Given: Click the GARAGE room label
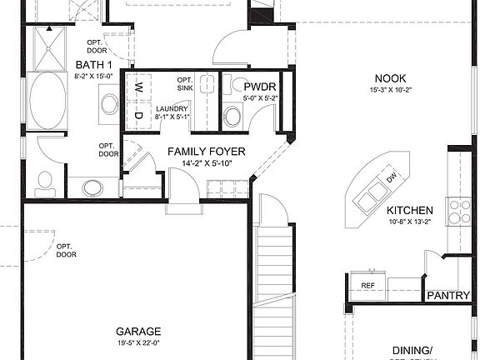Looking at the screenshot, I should [x=132, y=331].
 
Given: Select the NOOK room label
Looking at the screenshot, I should [x=389, y=77].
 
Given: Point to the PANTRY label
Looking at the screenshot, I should [x=447, y=296].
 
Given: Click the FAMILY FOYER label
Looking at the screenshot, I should [x=200, y=151].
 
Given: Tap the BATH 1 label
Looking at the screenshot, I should [x=91, y=65].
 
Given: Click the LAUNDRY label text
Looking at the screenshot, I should [x=171, y=108].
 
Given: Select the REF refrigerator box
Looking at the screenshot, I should [x=367, y=286].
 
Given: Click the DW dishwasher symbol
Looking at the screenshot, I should [x=390, y=177].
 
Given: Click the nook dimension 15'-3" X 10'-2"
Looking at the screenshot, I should [x=389, y=90].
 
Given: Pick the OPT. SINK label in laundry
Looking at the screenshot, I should [x=185, y=83].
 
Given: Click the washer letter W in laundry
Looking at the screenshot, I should [x=139, y=87].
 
